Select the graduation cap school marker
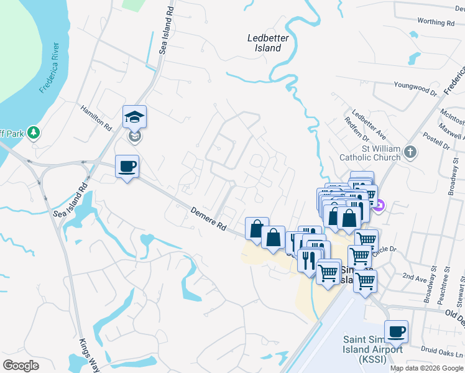pyautogui.click(x=134, y=116)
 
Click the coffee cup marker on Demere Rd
pyautogui.click(x=127, y=167)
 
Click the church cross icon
pyautogui.click(x=410, y=152)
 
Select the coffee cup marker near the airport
pyautogui.click(x=396, y=331)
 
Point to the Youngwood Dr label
pyautogui.click(x=415, y=89)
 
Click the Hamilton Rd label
pyautogui.click(x=95, y=117)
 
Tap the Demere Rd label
pyautogui.click(x=208, y=220)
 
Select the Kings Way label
pyautogui.click(x=90, y=355)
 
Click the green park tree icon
pyautogui.click(x=34, y=132)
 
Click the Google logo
pyautogui.click(x=21, y=366)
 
